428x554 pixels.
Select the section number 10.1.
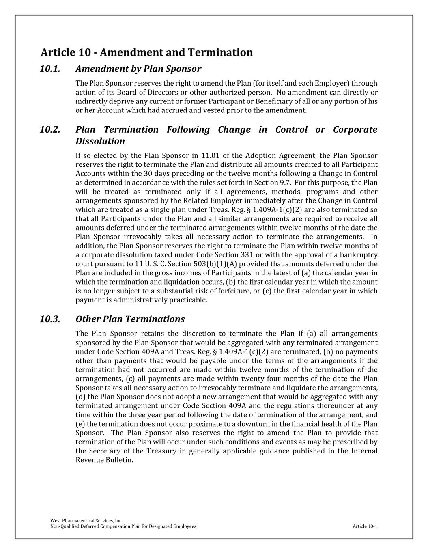click(50, 69)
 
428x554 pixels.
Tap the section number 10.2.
click(50, 130)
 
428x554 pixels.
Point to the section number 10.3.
click(50, 319)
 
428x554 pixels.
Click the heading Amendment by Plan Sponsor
click(138, 69)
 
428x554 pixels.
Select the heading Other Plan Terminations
click(130, 319)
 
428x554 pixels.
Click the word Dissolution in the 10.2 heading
click(100, 141)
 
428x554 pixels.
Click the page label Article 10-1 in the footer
click(365, 526)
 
